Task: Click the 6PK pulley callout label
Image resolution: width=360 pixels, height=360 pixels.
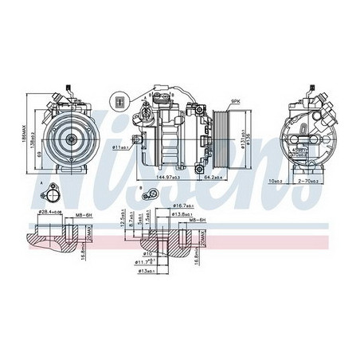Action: (x=235, y=101)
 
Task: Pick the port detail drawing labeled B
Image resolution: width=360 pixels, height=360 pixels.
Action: (x=149, y=193)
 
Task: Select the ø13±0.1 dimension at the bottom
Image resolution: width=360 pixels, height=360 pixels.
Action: (x=148, y=271)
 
